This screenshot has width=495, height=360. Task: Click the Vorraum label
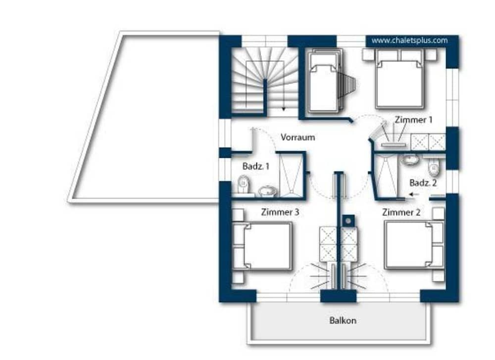[297, 137]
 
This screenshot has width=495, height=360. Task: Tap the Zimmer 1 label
[413, 120]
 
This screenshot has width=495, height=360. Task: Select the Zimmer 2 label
[401, 213]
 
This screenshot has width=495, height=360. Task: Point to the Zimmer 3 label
[280, 212]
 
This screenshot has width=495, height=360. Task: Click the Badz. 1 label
[256, 166]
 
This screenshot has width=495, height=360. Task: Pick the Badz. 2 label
[423, 183]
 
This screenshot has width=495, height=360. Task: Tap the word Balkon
[343, 320]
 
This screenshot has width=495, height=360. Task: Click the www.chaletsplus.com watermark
[409, 41]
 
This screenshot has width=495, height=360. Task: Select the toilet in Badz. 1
[244, 184]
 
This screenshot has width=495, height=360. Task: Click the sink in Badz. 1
[268, 191]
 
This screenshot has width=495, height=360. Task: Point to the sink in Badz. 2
[410, 160]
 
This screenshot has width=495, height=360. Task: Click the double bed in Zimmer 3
[262, 246]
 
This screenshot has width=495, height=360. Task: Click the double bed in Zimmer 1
[399, 79]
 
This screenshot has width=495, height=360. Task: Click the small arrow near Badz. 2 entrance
[413, 194]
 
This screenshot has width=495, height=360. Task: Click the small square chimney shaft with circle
[348, 221]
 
